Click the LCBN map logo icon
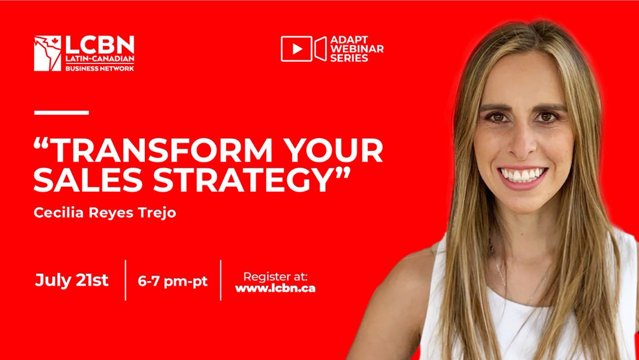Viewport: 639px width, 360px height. [x=47, y=53]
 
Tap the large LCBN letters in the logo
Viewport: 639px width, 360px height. [x=99, y=44]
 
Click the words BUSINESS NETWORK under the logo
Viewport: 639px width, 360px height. [x=99, y=68]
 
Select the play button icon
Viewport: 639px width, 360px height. [x=296, y=49]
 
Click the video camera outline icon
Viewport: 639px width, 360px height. [x=321, y=49]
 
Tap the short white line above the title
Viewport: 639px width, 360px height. [x=61, y=112]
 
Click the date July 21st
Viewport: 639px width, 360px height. [x=71, y=281]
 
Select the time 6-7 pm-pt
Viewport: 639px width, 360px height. [x=173, y=281]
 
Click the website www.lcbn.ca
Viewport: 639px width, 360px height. [x=275, y=288]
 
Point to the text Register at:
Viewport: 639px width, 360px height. [x=275, y=276]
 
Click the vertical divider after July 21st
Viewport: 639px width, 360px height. [x=126, y=280]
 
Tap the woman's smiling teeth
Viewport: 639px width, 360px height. [x=522, y=175]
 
